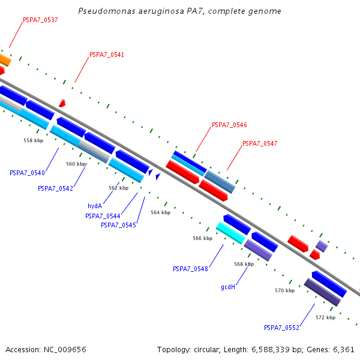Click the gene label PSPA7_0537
(x=40, y=20)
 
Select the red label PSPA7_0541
(x=107, y=55)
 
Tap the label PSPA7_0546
(x=229, y=125)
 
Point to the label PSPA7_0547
(x=260, y=144)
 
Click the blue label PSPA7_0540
(x=27, y=173)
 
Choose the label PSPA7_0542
(x=55, y=188)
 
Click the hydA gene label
(x=95, y=206)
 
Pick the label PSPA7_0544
(x=103, y=216)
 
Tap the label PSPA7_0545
(x=118, y=225)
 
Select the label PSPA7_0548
(x=190, y=269)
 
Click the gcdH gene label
(x=228, y=287)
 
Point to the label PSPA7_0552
(x=281, y=328)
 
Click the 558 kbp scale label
(x=34, y=140)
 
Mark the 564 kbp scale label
(x=160, y=212)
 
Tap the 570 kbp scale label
(x=285, y=290)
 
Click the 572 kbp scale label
(x=325, y=317)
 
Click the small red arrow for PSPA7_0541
(x=62, y=103)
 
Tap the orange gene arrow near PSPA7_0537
(x=4, y=59)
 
